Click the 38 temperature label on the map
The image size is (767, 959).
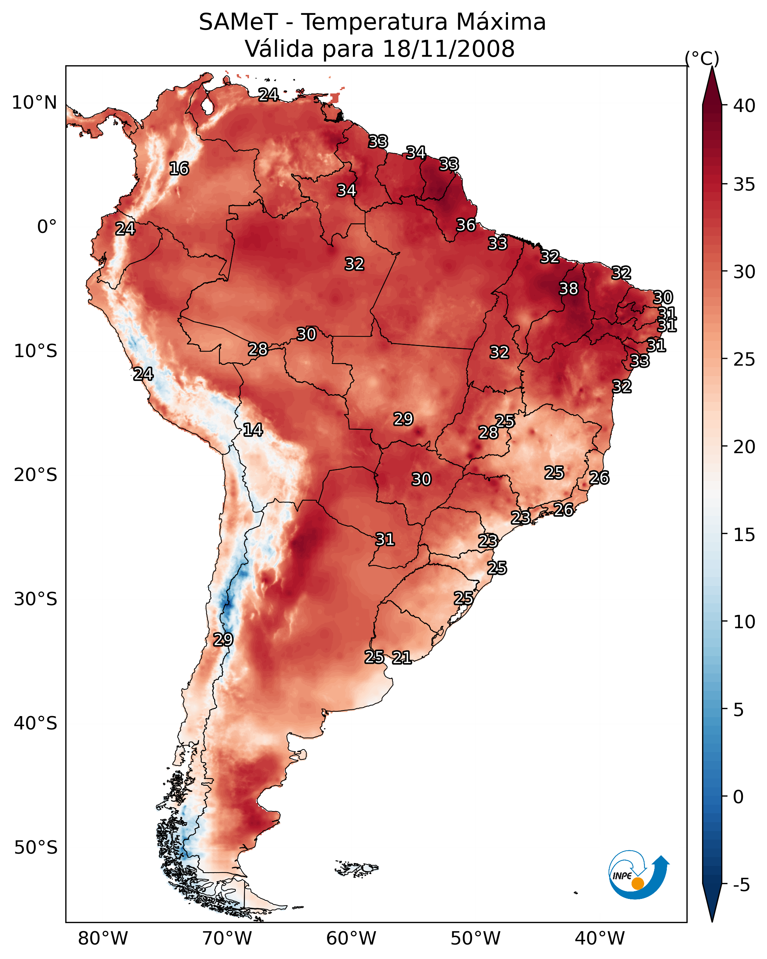point(568,289)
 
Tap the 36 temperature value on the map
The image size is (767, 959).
point(466,225)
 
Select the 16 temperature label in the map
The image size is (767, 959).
point(179,169)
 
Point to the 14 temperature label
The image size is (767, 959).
point(253,430)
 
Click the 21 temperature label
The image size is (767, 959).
point(401,658)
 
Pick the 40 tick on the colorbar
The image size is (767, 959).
point(744,106)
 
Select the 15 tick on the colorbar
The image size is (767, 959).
point(744,535)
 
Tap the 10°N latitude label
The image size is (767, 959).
point(34,103)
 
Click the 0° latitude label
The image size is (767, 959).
point(47,227)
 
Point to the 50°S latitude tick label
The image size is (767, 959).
point(36,848)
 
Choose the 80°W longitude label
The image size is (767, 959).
point(103,939)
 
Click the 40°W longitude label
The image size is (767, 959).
point(600,939)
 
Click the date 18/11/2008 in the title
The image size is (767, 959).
point(448,49)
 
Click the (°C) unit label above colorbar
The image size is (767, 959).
point(702,59)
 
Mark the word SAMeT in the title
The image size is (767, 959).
point(238,22)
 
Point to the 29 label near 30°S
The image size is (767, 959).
point(223,640)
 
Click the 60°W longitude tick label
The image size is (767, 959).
point(351,939)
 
